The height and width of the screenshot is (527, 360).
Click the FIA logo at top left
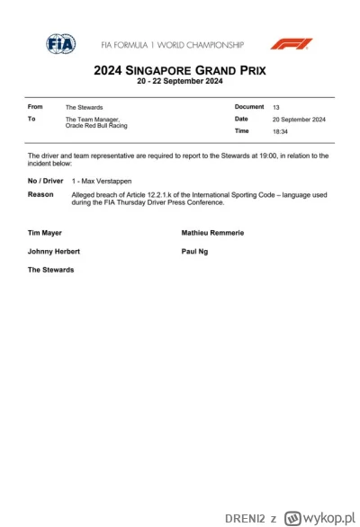(60, 43)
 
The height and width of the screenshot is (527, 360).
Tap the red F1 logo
(292, 43)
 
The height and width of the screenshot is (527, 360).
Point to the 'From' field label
(35, 107)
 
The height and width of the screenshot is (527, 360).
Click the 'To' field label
(32, 119)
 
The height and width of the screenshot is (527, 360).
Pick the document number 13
(276, 106)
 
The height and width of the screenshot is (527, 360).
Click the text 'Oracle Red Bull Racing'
(94, 125)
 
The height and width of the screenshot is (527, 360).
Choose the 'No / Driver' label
(45, 181)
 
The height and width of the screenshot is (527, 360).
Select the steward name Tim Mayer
(45, 233)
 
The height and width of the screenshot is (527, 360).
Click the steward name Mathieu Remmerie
(212, 233)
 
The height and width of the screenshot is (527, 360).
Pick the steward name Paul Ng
(195, 252)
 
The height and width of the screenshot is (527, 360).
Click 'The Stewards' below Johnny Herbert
(51, 269)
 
